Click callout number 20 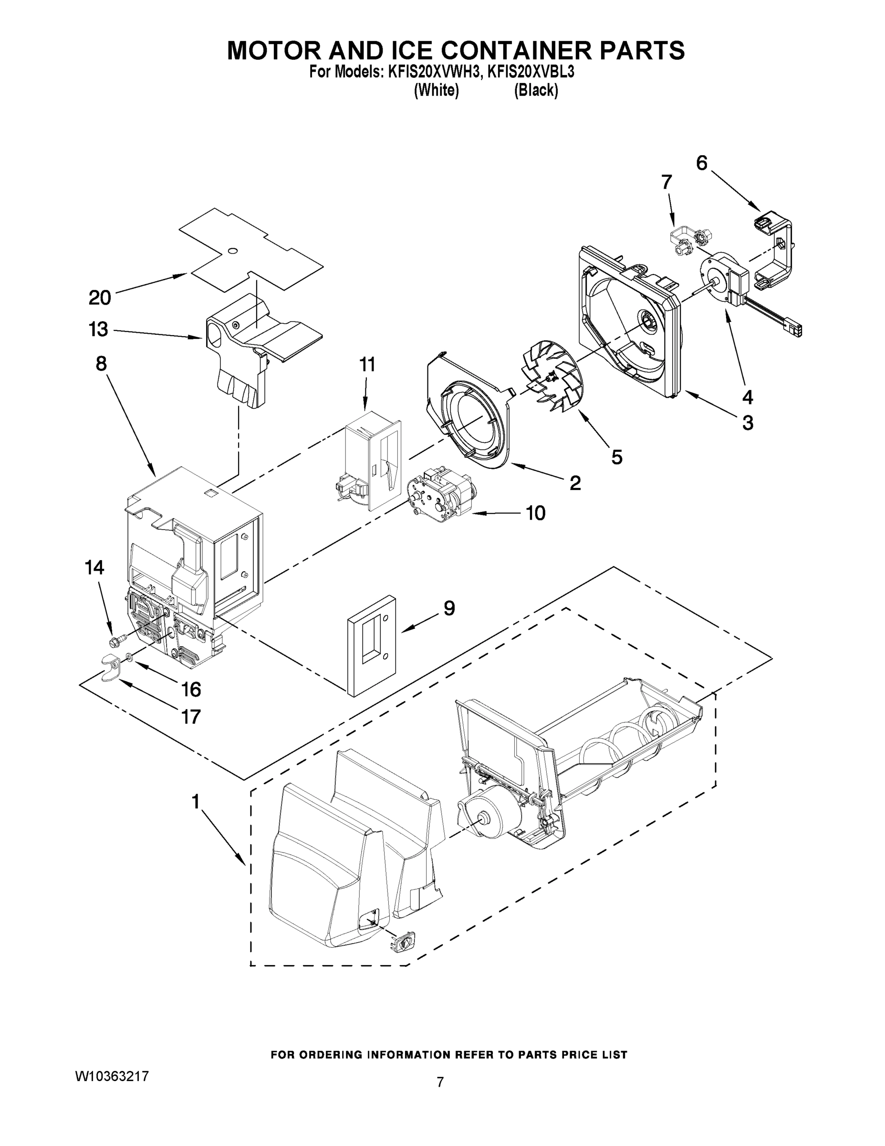click(x=100, y=297)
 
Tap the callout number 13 click(x=98, y=329)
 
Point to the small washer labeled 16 click(x=128, y=657)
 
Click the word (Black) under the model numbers click(x=536, y=90)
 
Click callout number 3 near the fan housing click(x=748, y=423)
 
